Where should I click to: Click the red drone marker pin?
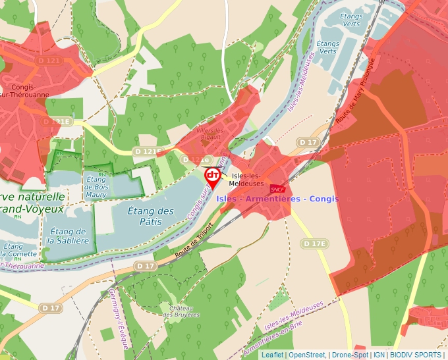pyautogui.click(x=213, y=176)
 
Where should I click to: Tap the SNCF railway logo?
pyautogui.click(x=278, y=189)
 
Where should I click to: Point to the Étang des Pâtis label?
pyautogui.click(x=151, y=216)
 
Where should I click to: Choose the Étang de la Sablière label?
pyautogui.click(x=68, y=236)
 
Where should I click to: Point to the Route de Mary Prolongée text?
pyautogui.click(x=354, y=91)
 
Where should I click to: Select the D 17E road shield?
pyautogui.click(x=314, y=244)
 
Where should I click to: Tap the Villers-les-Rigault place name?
pyautogui.click(x=211, y=134)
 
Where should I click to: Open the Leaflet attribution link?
pyautogui.click(x=273, y=355)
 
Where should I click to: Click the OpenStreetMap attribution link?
pyautogui.click(x=307, y=355)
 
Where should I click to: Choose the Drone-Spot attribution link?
pyautogui.click(x=349, y=355)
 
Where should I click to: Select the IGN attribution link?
pyautogui.click(x=379, y=355)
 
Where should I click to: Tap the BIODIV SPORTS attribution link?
pyautogui.click(x=416, y=355)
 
